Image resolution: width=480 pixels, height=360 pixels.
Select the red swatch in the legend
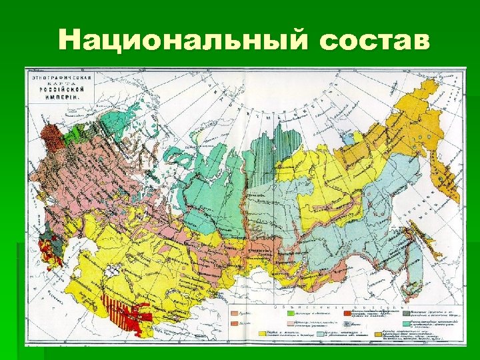[x=346, y=312]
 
